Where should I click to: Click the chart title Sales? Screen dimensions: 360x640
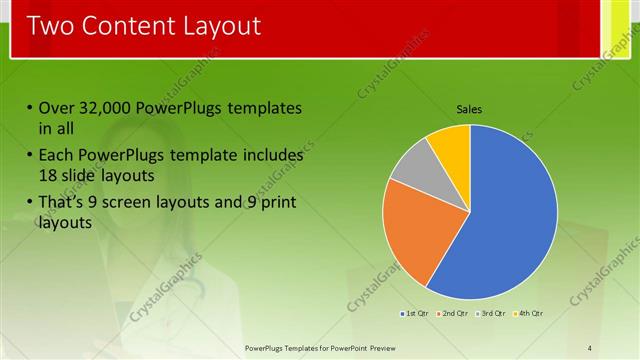(x=469, y=108)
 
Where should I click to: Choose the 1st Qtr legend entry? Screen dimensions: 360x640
(x=415, y=314)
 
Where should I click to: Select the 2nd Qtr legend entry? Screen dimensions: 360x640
(x=451, y=314)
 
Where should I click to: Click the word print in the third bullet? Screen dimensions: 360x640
(x=277, y=204)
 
